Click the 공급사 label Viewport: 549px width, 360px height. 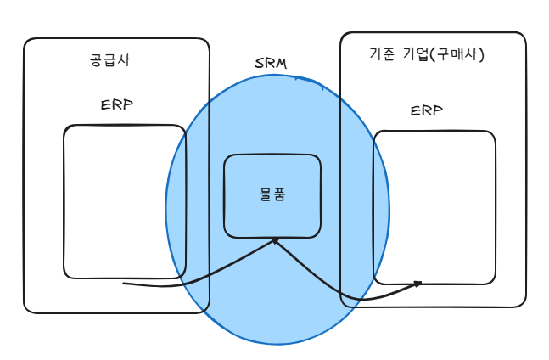click(109, 60)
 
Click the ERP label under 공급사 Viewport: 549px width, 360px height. click(116, 105)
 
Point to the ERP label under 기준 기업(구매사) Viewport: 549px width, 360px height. click(426, 111)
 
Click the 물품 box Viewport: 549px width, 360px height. click(272, 195)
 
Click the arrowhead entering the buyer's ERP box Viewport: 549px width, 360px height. click(417, 284)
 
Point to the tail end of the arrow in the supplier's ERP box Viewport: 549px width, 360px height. click(126, 283)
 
